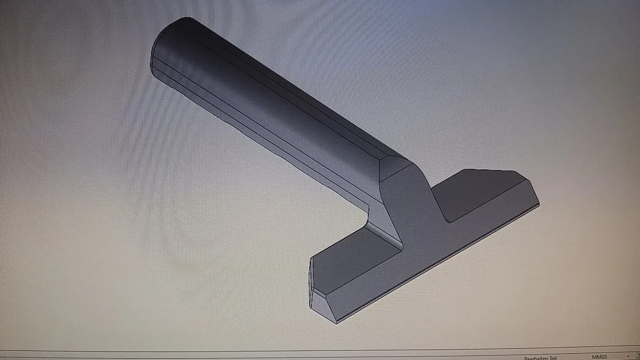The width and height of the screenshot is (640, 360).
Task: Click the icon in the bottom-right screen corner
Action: [636, 357]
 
